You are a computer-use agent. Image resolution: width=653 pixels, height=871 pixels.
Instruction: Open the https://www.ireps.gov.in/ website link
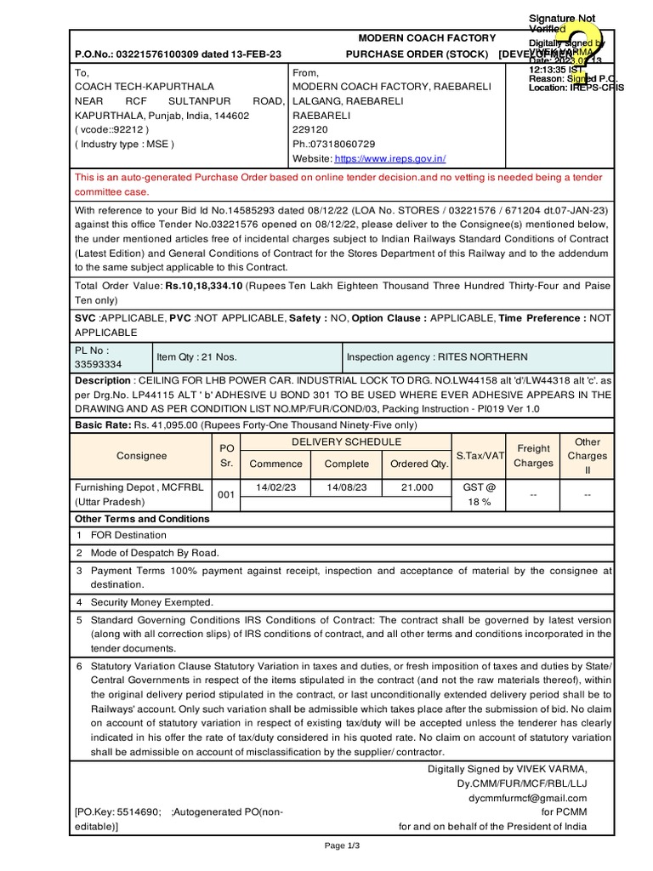[x=390, y=159]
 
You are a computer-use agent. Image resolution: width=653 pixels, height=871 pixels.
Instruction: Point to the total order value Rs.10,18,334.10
[x=204, y=286]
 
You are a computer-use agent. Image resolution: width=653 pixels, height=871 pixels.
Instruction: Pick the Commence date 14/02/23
[x=275, y=487]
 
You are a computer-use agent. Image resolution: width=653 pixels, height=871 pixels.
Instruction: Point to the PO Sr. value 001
[x=225, y=494]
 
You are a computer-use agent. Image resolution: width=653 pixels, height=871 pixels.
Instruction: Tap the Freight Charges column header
[x=533, y=456]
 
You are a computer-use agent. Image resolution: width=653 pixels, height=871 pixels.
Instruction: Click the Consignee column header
[x=142, y=456]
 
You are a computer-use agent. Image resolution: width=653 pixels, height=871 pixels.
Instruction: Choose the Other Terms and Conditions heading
[x=142, y=519]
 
